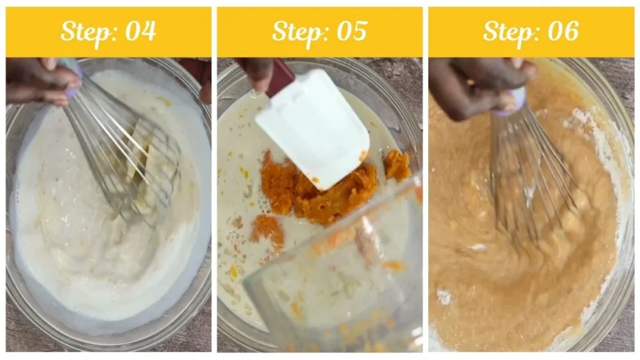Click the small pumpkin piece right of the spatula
click(x=397, y=166)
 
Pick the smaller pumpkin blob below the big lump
click(x=267, y=228)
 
